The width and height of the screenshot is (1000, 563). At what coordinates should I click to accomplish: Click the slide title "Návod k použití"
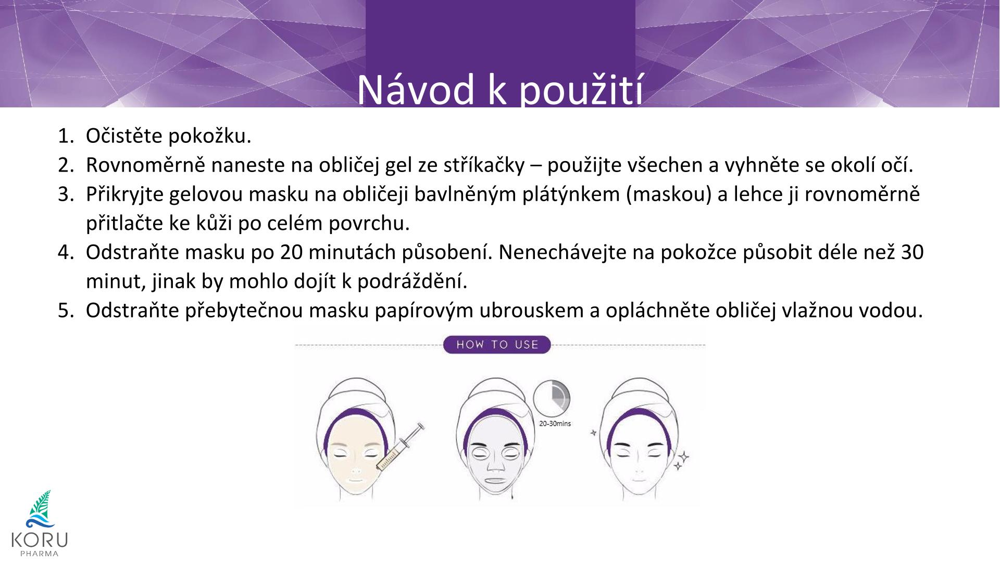pos(499,90)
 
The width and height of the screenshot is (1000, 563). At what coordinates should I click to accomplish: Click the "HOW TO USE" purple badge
pos(497,345)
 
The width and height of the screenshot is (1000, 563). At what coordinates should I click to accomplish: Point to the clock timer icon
pos(552,399)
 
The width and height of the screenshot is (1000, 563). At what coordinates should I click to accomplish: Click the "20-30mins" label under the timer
pos(555,423)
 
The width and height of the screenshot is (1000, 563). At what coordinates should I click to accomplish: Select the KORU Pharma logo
pos(40,523)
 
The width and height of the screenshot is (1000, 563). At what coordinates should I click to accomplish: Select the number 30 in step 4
pos(912,252)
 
